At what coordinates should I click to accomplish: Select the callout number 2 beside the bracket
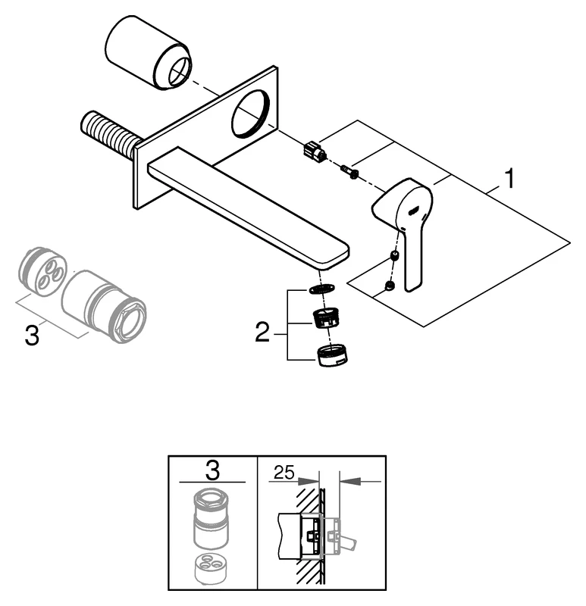click(x=262, y=331)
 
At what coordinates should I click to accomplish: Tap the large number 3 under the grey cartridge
click(x=32, y=335)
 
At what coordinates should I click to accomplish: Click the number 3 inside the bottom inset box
click(x=212, y=470)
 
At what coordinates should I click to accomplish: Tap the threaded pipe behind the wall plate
click(x=108, y=135)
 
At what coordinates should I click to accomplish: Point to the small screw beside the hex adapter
click(x=350, y=172)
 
